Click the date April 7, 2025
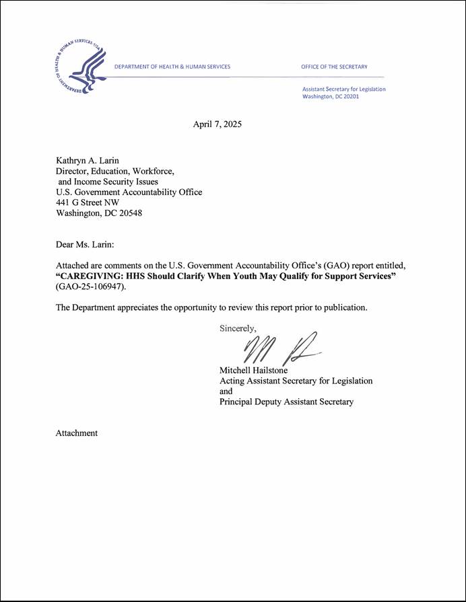coord(217,124)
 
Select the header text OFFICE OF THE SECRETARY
coord(334,67)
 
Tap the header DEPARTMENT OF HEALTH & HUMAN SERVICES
coord(172,67)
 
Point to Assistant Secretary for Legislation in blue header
coord(344,89)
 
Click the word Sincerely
coord(238,329)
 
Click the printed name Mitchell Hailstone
coord(254,370)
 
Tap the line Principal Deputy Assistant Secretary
coord(286,402)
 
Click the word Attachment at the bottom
coord(76,433)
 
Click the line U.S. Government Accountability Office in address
coord(128,192)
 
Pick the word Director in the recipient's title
coord(72,171)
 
